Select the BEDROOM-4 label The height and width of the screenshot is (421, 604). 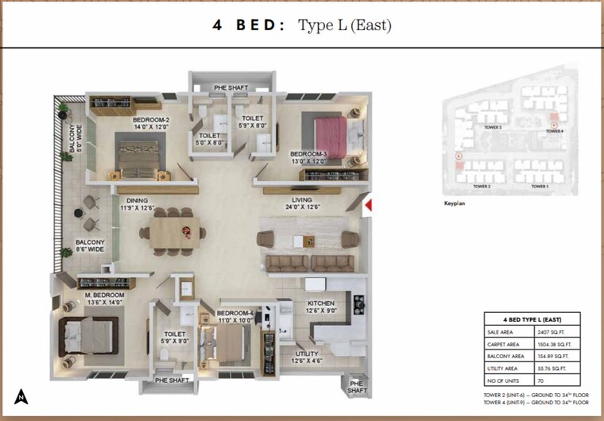[x=234, y=314]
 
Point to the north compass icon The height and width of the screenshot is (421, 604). [x=19, y=396]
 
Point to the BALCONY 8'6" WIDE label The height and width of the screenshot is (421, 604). [x=90, y=246]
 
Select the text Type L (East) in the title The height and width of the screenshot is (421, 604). [x=344, y=25]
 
